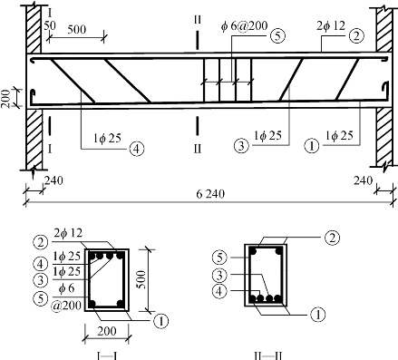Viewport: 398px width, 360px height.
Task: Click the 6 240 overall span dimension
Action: (x=210, y=194)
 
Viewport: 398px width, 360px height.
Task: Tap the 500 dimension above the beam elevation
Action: (x=77, y=30)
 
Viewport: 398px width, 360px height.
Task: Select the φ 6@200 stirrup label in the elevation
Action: (x=244, y=26)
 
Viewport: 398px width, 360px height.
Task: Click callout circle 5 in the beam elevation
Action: (x=277, y=35)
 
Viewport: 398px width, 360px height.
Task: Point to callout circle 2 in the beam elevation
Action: (x=356, y=36)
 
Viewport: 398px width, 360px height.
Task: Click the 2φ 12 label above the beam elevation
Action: (x=331, y=25)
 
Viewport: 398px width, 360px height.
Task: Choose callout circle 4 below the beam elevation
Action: (x=137, y=149)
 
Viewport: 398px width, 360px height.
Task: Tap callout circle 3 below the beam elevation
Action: (x=241, y=146)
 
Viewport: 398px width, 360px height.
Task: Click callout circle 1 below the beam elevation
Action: (x=312, y=146)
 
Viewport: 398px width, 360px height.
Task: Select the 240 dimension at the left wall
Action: (x=53, y=180)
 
